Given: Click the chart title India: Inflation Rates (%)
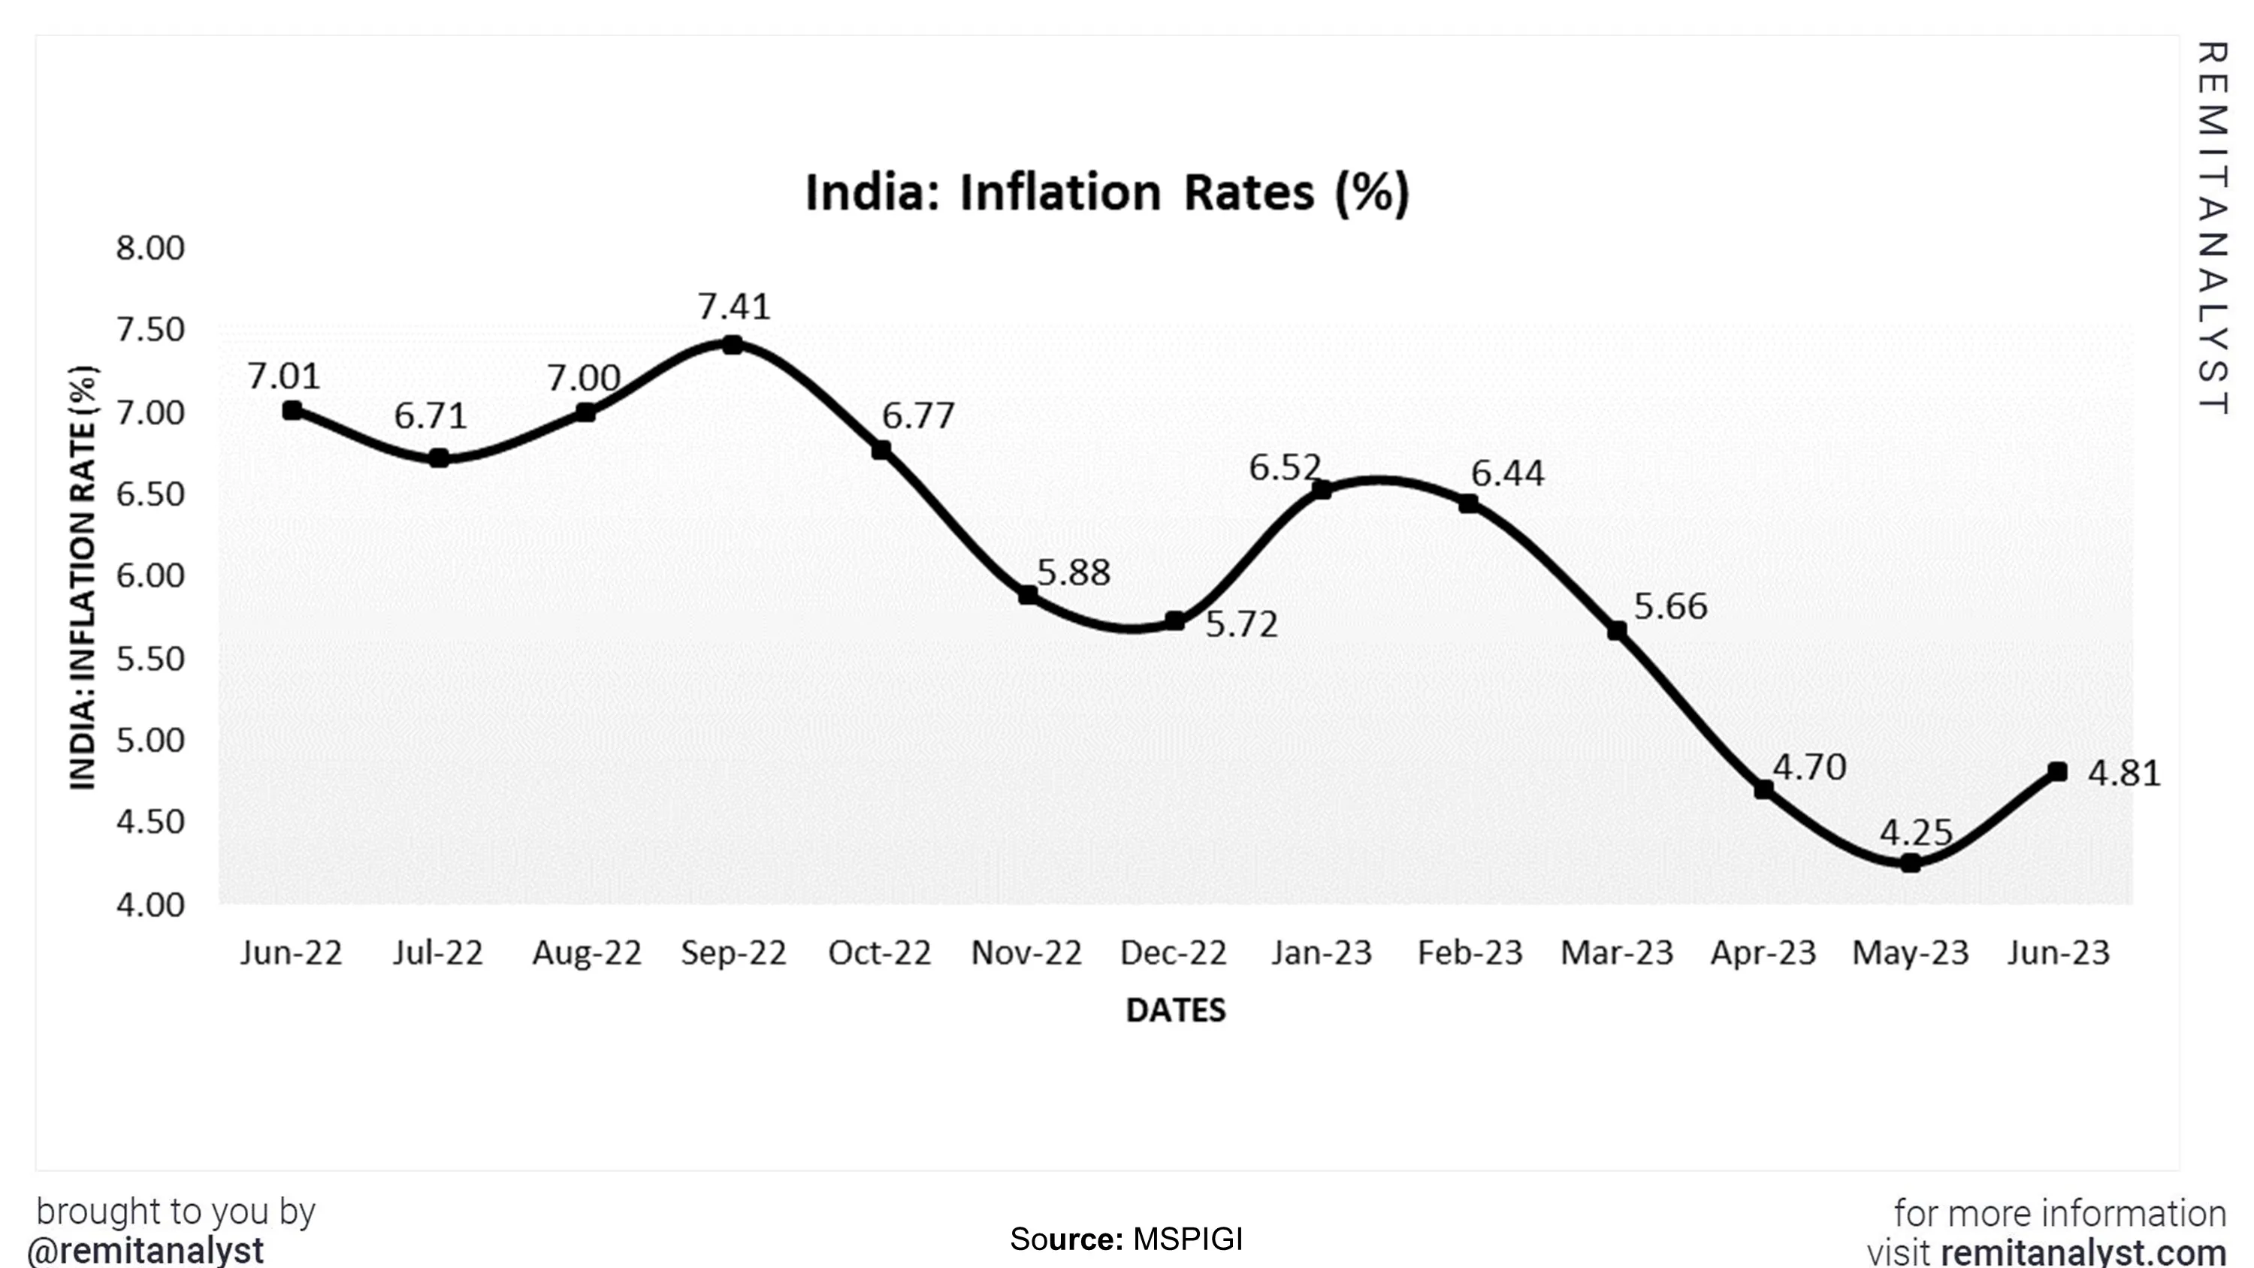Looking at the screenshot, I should click(x=1106, y=192).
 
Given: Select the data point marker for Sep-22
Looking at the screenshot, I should click(x=733, y=345).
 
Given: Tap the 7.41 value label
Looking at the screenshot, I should click(x=733, y=307).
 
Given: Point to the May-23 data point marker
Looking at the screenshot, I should click(x=1910, y=863).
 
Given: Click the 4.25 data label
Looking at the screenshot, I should click(x=1915, y=832).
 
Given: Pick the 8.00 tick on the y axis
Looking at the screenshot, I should click(x=150, y=249).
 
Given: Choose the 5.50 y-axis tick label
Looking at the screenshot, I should click(x=150, y=659).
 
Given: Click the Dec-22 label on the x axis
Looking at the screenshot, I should click(x=1174, y=952).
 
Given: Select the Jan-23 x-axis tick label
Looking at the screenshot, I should click(x=1322, y=952).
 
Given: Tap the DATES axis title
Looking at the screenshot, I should click(x=1175, y=1011).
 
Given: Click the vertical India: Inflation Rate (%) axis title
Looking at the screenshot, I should click(x=83, y=578).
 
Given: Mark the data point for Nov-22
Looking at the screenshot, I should click(x=1028, y=595).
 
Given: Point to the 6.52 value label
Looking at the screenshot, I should click(x=1283, y=468).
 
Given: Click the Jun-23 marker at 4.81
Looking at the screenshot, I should click(x=2058, y=771).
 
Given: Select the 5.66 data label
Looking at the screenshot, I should click(x=1669, y=606).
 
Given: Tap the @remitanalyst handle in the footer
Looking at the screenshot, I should click(x=145, y=1250).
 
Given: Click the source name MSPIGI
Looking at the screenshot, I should click(x=1187, y=1239).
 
